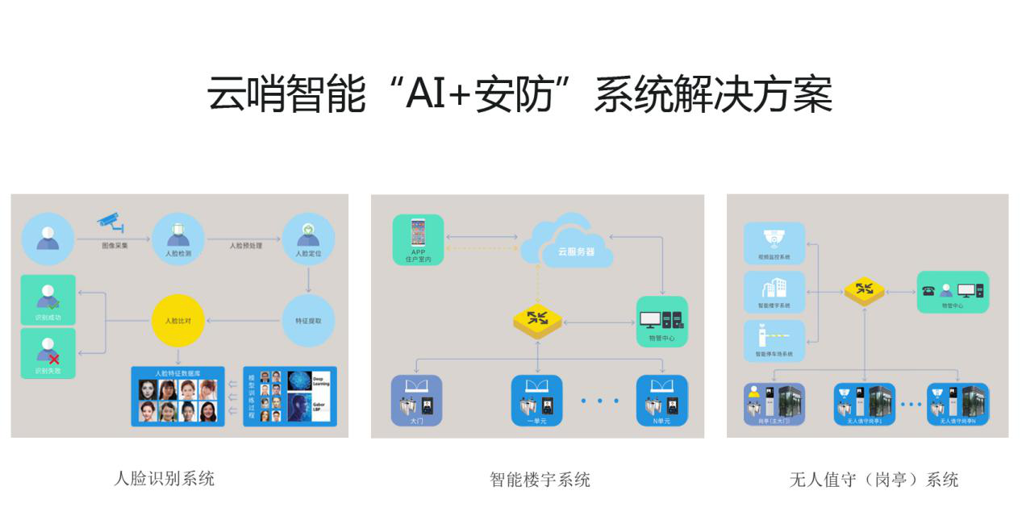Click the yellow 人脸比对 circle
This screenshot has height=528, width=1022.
[178, 321]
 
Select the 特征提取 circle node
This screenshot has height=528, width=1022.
[308, 321]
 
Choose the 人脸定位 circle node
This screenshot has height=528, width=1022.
[308, 239]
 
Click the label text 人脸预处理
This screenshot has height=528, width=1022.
[245, 246]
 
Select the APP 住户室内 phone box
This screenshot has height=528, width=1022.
[418, 239]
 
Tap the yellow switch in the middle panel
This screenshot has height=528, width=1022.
[537, 319]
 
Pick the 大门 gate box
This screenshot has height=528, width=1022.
[417, 400]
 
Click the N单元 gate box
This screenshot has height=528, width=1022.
[661, 400]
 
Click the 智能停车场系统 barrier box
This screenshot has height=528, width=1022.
[774, 340]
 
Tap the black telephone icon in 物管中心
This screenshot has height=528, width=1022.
[928, 291]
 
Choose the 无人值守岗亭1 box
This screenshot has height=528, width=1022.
[864, 404]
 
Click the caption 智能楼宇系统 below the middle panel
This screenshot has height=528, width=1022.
[540, 480]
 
